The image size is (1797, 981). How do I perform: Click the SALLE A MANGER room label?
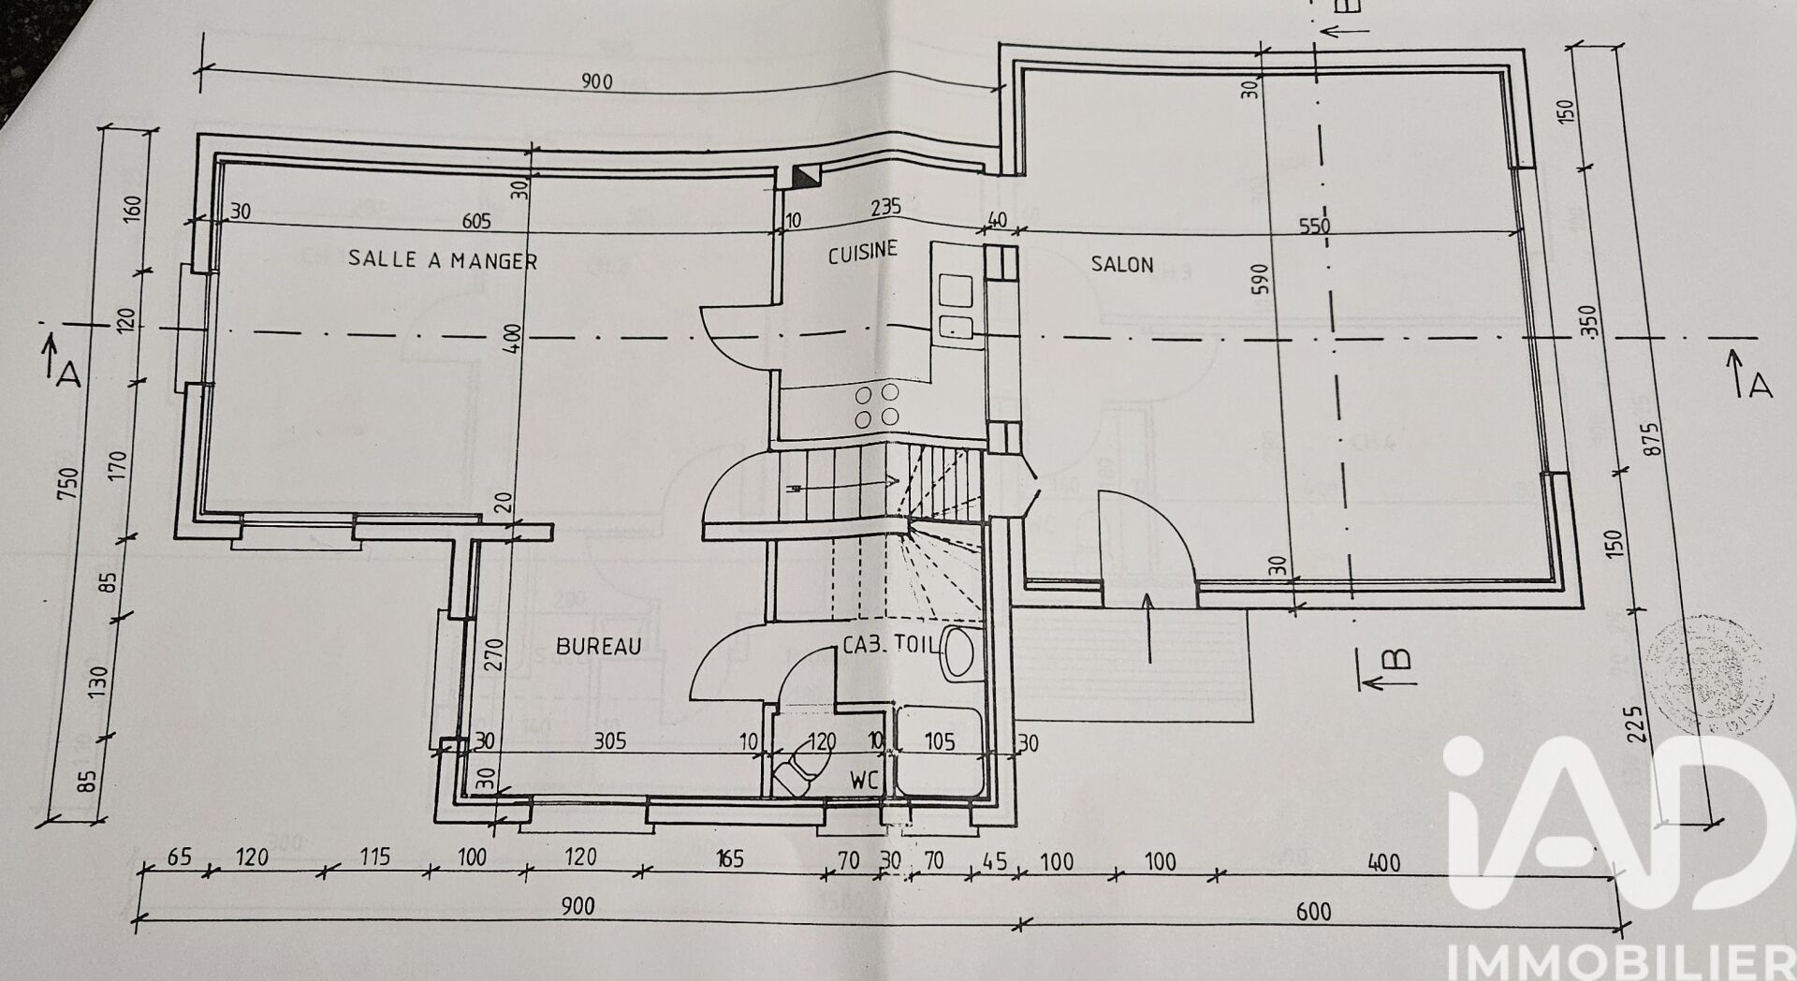pos(443,259)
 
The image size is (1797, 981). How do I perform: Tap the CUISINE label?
pos(862,252)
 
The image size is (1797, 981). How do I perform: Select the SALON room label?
pos(1122,265)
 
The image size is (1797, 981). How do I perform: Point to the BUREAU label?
pos(598,646)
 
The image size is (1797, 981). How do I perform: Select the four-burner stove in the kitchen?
pos(877,404)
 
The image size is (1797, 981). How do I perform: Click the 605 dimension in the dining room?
pos(475,222)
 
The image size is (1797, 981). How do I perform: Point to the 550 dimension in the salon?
pos(1313,227)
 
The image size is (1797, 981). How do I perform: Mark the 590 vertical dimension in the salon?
pos(1261,279)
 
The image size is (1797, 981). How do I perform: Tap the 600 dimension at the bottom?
pos(1315,911)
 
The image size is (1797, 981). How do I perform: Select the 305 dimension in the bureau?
pos(609,741)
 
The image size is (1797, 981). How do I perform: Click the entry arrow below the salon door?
pos(1147,627)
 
